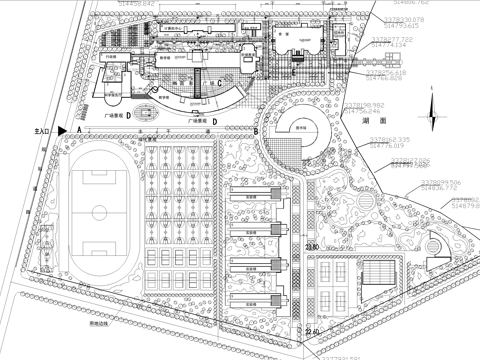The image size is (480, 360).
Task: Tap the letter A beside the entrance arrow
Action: pyautogui.click(x=76, y=131)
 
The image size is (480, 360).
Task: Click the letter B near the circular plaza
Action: pyautogui.click(x=256, y=131)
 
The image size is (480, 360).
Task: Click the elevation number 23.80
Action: pyautogui.click(x=311, y=246)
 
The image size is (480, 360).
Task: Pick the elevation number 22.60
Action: pyautogui.click(x=313, y=331)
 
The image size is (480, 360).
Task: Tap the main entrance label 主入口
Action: pyautogui.click(x=41, y=131)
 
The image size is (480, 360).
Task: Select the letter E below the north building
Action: pyautogui.click(x=291, y=72)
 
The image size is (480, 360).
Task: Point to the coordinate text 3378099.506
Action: pyautogui.click(x=441, y=182)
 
